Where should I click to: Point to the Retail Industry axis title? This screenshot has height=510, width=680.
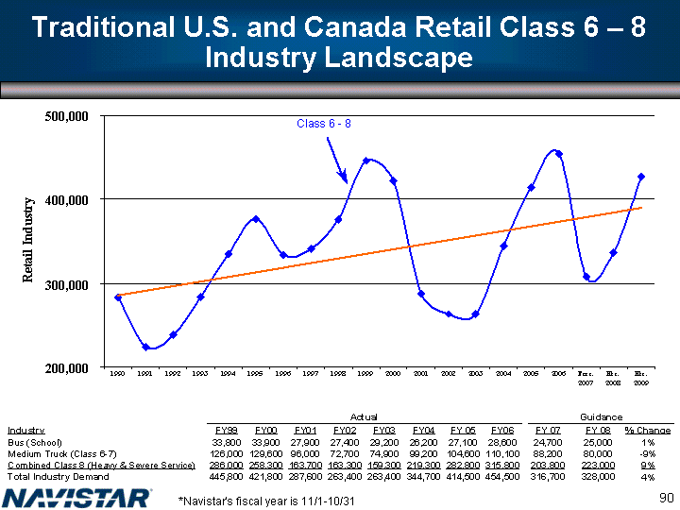(x=27, y=241)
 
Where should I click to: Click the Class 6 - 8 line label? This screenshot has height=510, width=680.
(x=324, y=124)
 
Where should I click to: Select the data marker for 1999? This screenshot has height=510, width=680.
(x=366, y=161)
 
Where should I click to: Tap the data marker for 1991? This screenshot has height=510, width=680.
(x=145, y=347)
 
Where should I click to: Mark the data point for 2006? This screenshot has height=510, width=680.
(x=559, y=154)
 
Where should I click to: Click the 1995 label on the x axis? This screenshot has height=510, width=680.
(x=255, y=374)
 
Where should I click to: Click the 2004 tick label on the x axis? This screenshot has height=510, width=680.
(x=503, y=374)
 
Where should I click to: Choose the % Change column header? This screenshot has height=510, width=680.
(x=649, y=430)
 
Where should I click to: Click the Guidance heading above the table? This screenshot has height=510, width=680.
(x=601, y=416)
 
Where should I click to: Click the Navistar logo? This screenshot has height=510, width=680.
(x=77, y=496)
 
